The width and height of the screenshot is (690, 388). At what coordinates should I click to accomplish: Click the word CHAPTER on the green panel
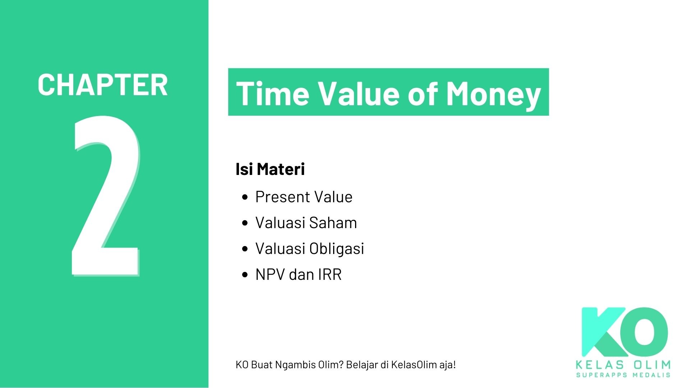click(x=102, y=85)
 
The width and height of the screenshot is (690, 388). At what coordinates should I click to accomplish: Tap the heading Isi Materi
click(x=270, y=169)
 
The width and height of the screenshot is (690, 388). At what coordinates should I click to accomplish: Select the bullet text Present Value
click(x=304, y=197)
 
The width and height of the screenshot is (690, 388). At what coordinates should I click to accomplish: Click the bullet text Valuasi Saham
click(x=306, y=223)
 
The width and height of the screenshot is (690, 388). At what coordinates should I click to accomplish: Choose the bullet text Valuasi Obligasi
click(x=309, y=249)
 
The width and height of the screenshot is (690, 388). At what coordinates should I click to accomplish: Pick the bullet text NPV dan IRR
click(x=298, y=274)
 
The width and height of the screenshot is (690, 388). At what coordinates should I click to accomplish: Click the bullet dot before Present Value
click(x=245, y=197)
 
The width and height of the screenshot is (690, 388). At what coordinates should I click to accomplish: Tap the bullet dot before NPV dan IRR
click(x=245, y=275)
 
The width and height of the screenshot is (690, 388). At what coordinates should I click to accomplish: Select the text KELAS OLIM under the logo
click(x=623, y=365)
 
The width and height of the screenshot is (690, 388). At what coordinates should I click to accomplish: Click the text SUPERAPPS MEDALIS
click(x=623, y=375)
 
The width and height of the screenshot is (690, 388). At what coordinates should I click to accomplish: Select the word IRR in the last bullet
click(x=330, y=274)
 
